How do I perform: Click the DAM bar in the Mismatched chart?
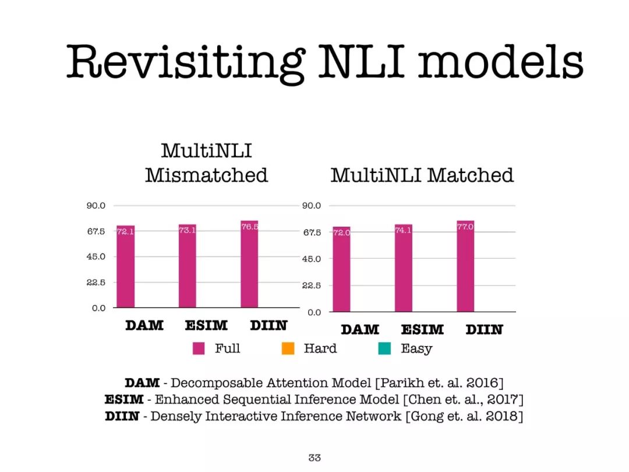(x=126, y=266)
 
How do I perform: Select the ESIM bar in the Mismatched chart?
(x=188, y=266)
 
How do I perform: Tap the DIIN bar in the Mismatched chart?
(x=249, y=264)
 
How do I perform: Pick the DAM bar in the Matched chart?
(x=341, y=269)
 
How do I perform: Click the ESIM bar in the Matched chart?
(x=404, y=268)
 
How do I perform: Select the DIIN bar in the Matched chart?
(x=465, y=266)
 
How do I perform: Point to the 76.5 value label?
(x=249, y=227)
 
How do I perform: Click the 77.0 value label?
(x=465, y=227)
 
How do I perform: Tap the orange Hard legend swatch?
(x=288, y=348)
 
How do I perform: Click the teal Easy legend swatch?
(x=385, y=348)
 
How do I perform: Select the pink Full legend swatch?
(x=199, y=348)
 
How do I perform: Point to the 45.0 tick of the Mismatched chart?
(x=96, y=256)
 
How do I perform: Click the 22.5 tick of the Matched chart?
(x=312, y=286)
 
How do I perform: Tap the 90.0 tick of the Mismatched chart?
(x=96, y=206)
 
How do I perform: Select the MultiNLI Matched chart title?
(x=422, y=175)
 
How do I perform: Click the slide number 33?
(x=314, y=457)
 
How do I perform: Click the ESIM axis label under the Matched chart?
(x=422, y=329)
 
